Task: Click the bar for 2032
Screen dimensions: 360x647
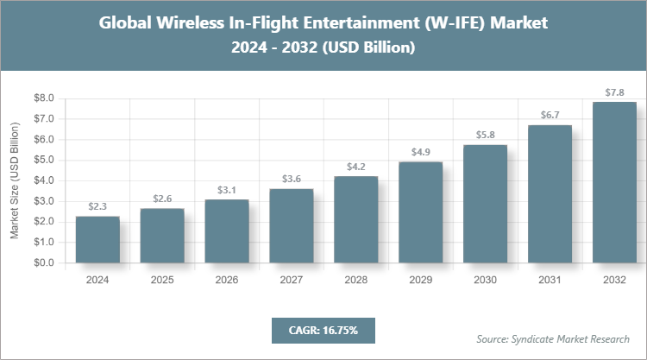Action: click(614, 182)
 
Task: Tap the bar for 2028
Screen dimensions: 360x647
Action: click(355, 219)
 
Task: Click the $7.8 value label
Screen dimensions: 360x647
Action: click(614, 92)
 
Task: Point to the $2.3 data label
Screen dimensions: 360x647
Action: click(97, 206)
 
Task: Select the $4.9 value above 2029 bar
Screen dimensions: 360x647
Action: click(420, 152)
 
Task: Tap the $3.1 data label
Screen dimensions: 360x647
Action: click(227, 189)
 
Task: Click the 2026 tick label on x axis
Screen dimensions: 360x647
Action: click(227, 279)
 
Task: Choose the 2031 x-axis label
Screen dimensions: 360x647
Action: click(550, 279)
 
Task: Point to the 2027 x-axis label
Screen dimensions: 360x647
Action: click(292, 279)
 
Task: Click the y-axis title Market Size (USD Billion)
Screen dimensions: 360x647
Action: click(15, 181)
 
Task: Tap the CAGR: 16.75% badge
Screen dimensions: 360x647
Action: click(323, 330)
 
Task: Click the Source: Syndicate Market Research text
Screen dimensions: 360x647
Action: click(553, 338)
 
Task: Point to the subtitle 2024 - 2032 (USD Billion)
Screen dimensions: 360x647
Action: click(323, 49)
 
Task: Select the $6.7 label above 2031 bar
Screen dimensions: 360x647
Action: click(550, 115)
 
